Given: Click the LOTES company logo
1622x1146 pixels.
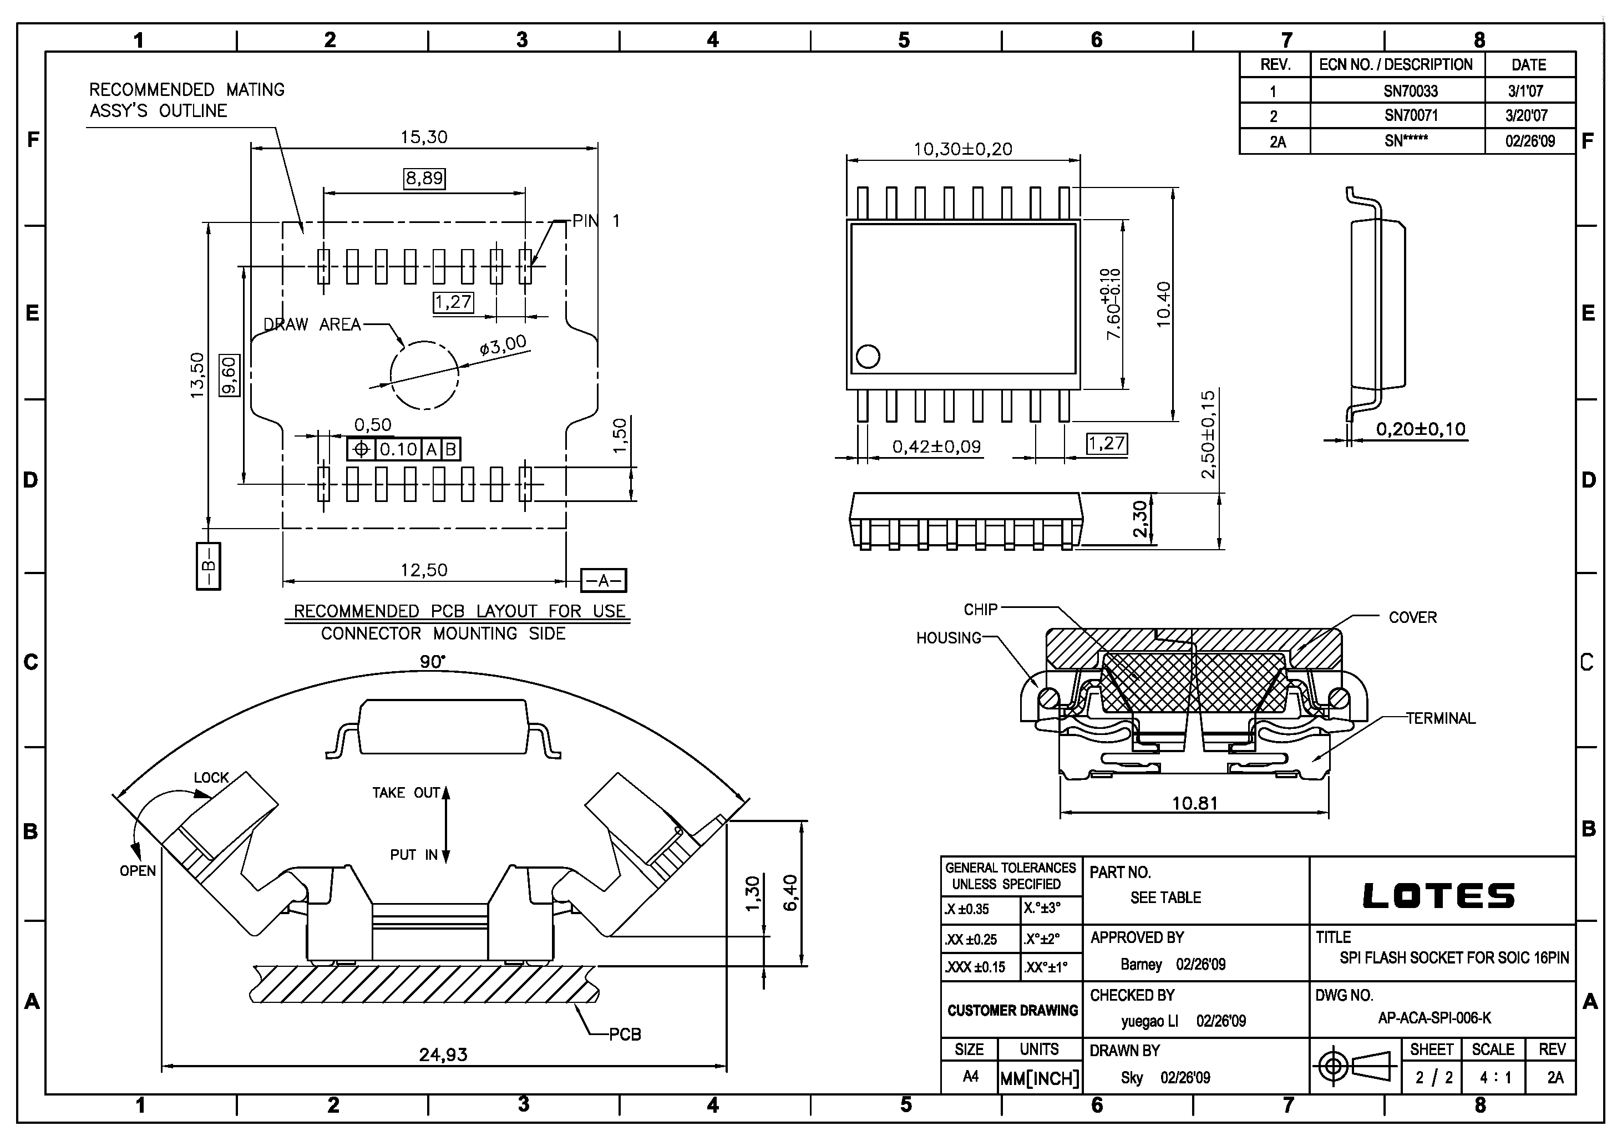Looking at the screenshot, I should point(1438,896).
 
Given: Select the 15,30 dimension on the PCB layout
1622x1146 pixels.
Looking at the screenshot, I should point(424,137).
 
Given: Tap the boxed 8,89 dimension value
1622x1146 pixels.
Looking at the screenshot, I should point(424,178).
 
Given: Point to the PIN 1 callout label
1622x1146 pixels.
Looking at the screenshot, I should point(596,221).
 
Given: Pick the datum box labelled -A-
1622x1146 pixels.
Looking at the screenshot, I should point(604,581).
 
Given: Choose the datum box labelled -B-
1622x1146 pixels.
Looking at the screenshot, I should point(209,566).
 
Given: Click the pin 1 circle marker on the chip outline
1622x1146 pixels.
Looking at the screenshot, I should point(868,357).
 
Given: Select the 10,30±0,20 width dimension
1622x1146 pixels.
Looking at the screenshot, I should point(962,149).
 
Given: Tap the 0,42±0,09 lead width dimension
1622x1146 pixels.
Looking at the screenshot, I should point(936,447).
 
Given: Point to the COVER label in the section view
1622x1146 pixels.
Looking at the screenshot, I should point(1412,617).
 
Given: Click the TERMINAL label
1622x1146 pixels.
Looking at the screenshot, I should point(1441,718).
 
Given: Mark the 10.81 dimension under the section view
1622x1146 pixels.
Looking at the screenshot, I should point(1195,803).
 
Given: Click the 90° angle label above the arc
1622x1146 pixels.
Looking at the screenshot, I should point(432,661).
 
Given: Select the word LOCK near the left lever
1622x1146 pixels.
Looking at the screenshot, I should point(211,778).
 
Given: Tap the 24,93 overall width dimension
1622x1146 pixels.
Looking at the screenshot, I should point(443,1055).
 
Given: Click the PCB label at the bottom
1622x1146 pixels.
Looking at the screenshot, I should point(625,1035).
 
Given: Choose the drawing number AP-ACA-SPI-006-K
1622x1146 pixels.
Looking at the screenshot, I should point(1434,1018).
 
